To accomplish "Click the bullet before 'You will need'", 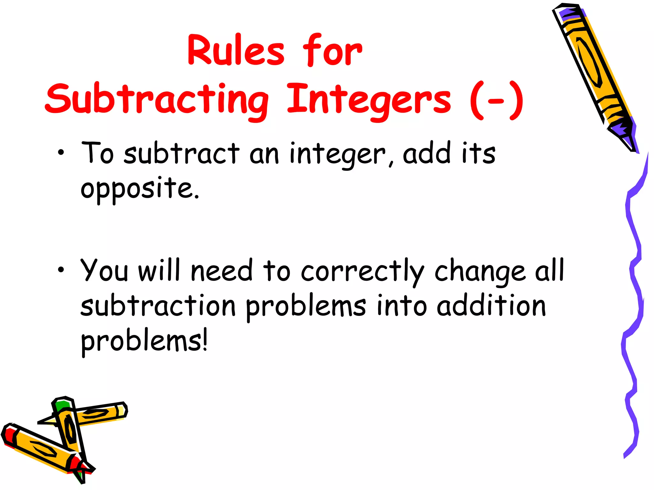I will pyautogui.click(x=61, y=270).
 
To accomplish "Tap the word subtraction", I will pyautogui.click(x=158, y=306).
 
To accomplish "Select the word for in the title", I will pyautogui.click(x=332, y=51).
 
